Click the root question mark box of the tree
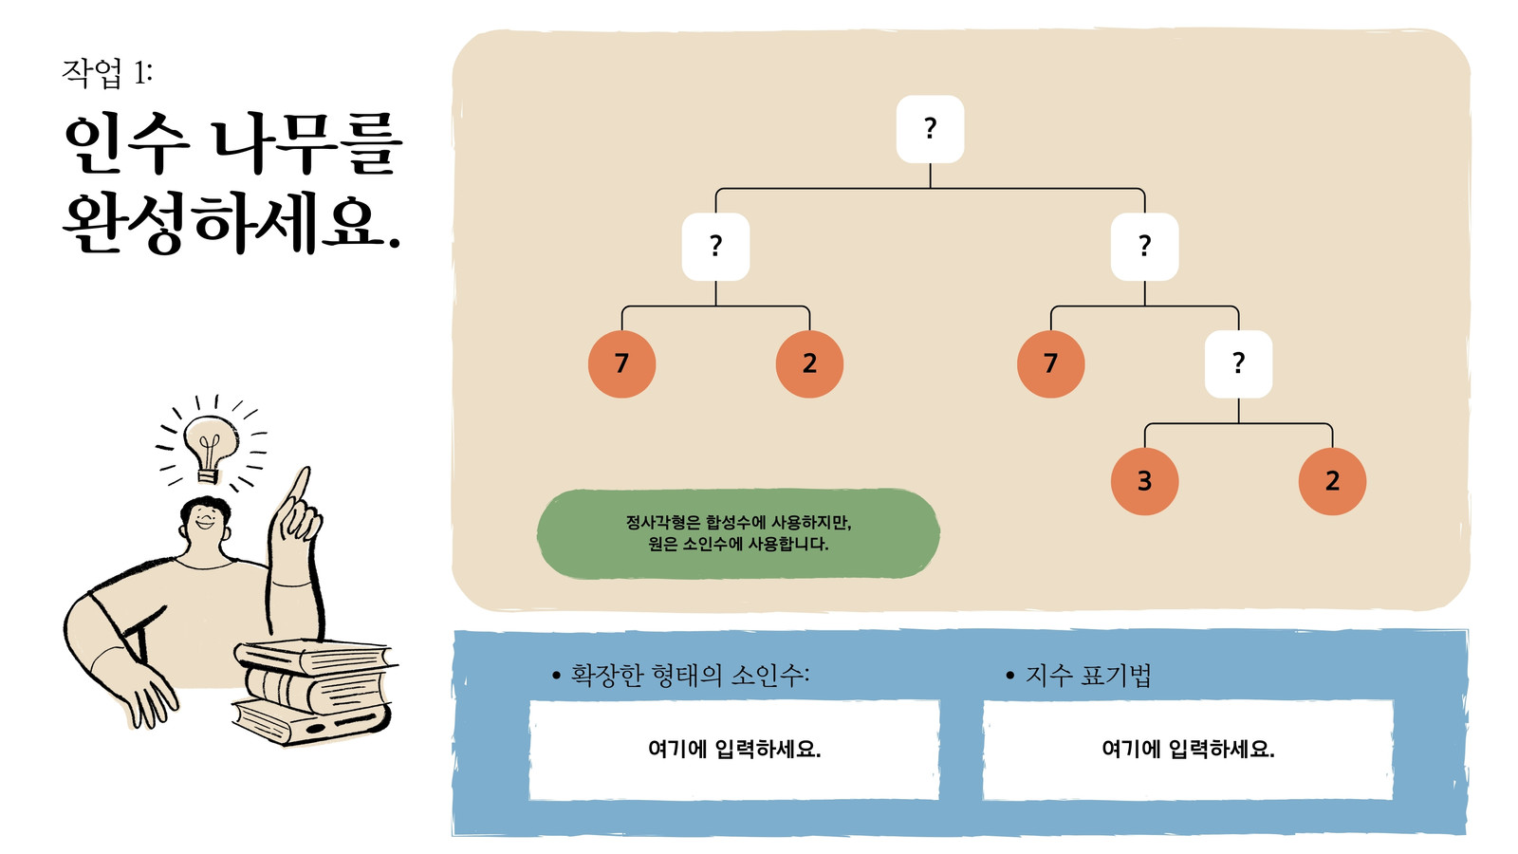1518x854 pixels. click(x=930, y=129)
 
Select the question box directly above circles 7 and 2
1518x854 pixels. click(x=715, y=247)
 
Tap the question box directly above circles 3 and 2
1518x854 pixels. click(x=1238, y=364)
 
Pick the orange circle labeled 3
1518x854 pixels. click(x=1144, y=481)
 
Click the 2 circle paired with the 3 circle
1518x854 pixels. click(x=1332, y=481)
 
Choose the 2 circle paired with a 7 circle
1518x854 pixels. click(x=810, y=364)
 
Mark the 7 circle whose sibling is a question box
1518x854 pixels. click(x=1051, y=364)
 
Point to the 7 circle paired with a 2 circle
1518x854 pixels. click(x=622, y=364)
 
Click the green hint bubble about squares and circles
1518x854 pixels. click(x=738, y=533)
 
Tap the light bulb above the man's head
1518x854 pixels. click(x=211, y=447)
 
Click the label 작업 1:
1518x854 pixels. click(x=107, y=72)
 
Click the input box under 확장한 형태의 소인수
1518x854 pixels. click(x=734, y=750)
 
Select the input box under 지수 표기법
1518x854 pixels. click(x=1188, y=750)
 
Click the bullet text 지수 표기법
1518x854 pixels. click(x=1087, y=675)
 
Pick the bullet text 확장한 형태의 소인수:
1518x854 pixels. click(x=690, y=675)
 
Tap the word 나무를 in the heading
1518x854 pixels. click(x=308, y=143)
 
